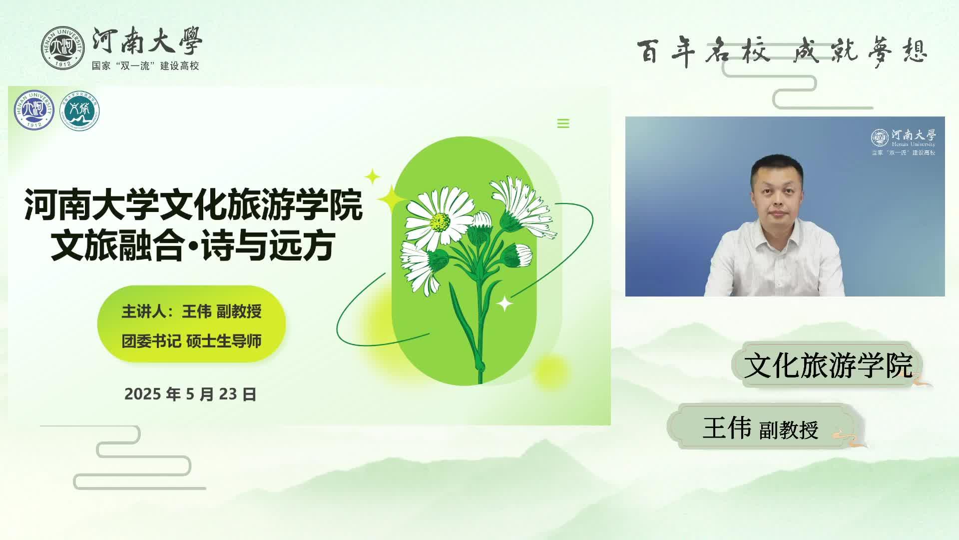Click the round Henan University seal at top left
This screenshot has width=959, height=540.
tap(63, 48)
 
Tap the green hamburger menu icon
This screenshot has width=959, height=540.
tap(563, 123)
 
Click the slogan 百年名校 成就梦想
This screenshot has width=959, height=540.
tap(782, 51)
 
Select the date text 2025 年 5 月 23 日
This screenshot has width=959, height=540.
tap(190, 394)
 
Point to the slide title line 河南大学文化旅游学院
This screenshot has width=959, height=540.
tap(193, 204)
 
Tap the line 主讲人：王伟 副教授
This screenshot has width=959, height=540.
tap(191, 311)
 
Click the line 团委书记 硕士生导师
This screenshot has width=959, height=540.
tap(191, 341)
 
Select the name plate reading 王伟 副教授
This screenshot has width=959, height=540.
tap(760, 428)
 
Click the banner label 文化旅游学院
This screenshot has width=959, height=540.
tap(828, 365)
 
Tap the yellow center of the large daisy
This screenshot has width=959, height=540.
tap(440, 221)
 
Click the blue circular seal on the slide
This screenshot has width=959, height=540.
tap(34, 110)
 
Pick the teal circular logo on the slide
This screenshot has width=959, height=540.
tap(79, 110)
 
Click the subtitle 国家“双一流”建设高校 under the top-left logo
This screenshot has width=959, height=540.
tap(145, 66)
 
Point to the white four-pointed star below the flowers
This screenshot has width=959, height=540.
tap(504, 303)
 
